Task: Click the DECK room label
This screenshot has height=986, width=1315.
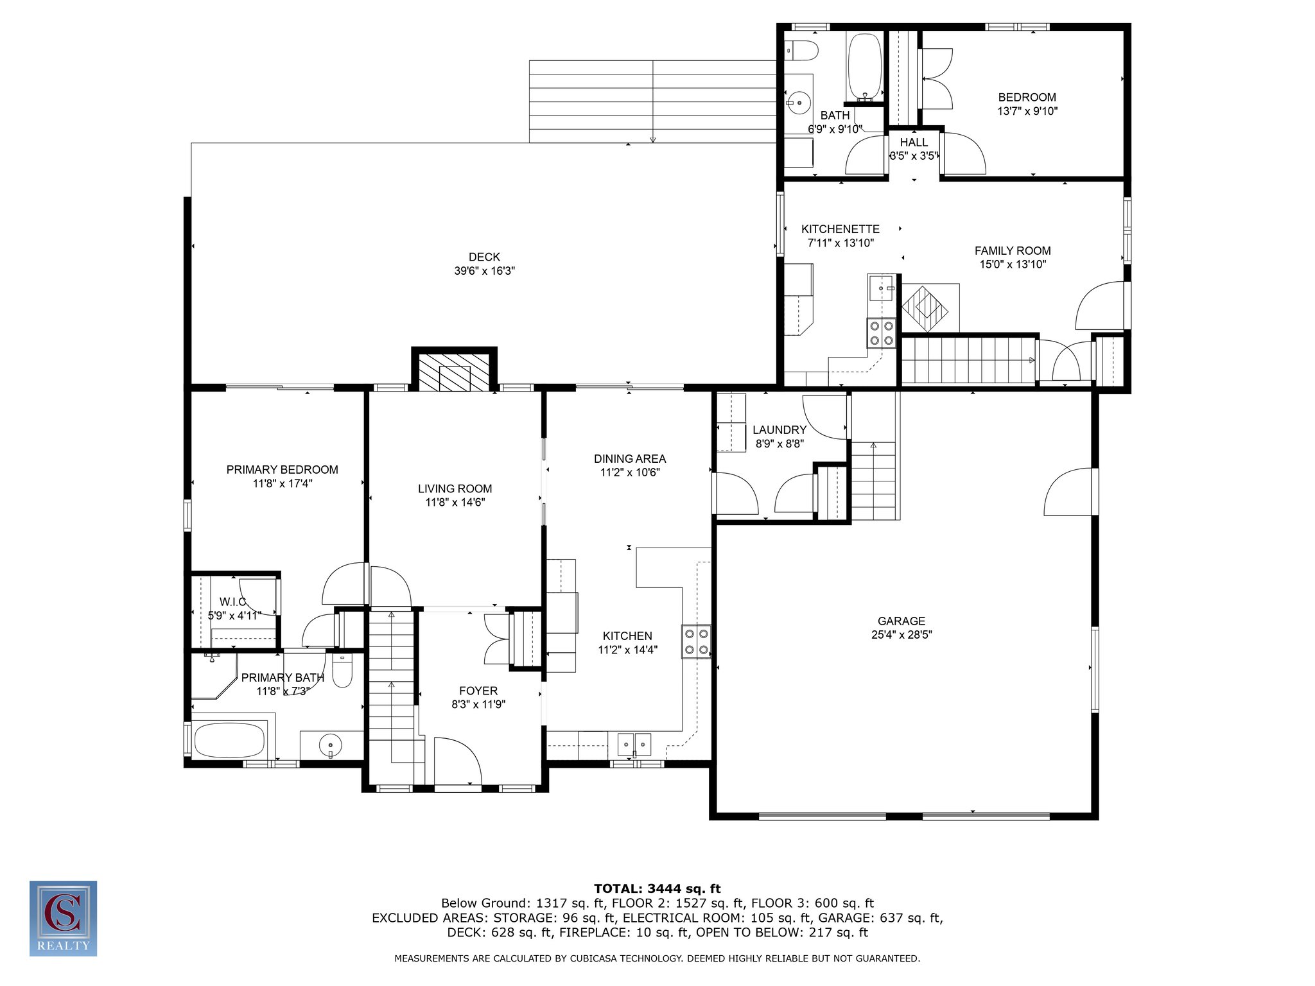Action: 484,257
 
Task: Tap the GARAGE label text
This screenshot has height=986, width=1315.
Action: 901,621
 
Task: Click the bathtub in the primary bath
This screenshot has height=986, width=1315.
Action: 229,740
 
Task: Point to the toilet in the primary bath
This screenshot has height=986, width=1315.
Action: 342,670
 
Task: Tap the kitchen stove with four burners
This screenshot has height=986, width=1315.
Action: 697,641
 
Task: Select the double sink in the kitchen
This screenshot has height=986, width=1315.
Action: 634,744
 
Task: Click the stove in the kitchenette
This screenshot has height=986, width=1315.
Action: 881,333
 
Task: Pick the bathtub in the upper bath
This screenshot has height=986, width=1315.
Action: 865,65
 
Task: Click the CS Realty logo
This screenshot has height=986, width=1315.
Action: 63,918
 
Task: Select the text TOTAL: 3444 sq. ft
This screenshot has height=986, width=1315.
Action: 657,888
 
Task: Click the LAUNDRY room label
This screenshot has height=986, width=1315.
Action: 779,429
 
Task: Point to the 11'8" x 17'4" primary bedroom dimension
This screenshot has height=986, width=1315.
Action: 283,483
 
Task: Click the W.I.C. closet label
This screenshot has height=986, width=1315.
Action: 233,601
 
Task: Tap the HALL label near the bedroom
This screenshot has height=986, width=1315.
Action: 914,143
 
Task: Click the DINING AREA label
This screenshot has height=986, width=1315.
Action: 630,458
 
